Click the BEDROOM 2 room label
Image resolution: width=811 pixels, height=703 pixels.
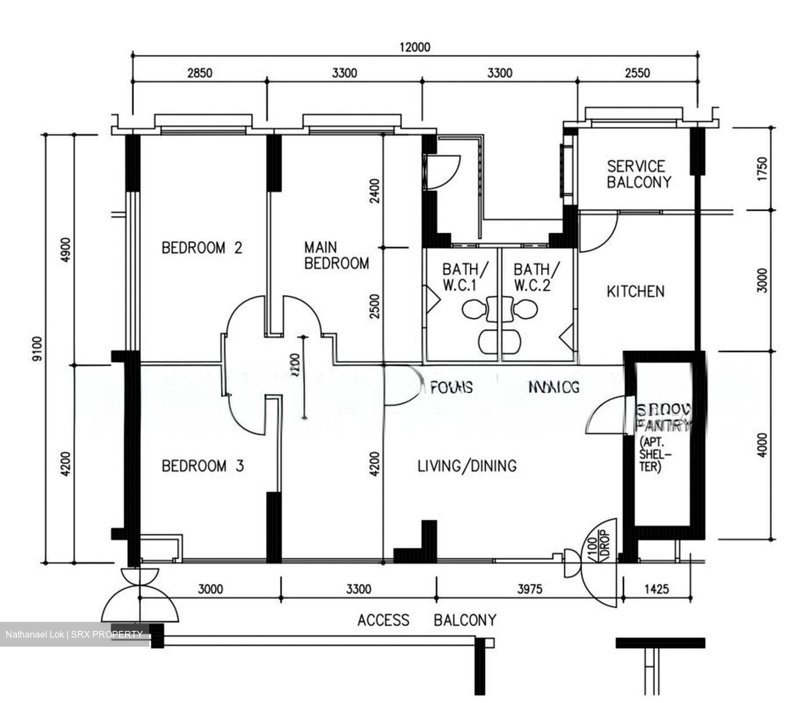point(202,248)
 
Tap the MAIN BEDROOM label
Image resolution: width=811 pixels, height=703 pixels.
point(336,255)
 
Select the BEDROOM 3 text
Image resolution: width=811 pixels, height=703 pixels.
point(202,466)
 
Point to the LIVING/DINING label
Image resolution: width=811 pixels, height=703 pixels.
point(467,466)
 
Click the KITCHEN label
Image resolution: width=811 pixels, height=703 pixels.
point(635,291)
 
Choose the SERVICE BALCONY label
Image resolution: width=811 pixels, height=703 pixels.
point(639,174)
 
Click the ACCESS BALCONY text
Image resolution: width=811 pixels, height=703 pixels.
point(427,620)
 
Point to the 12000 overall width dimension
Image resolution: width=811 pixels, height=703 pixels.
point(415,47)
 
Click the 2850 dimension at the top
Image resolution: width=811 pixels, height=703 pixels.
point(200,73)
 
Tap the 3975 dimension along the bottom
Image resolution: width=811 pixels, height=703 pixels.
point(529,589)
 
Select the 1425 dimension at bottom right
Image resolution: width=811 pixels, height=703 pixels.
point(656,589)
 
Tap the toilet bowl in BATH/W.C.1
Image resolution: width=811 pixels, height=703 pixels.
point(472,309)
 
